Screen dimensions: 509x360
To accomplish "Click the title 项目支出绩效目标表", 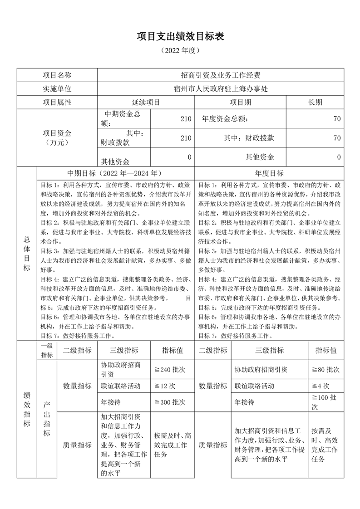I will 180,37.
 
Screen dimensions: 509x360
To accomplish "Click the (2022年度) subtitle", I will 180,51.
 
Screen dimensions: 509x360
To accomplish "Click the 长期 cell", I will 315,103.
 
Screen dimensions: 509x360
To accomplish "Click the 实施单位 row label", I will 57,89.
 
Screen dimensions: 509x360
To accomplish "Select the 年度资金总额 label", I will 225,119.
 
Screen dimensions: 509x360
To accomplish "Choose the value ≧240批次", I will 170,370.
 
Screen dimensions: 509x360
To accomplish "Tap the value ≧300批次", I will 170,402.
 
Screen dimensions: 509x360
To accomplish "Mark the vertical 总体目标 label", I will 27,254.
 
